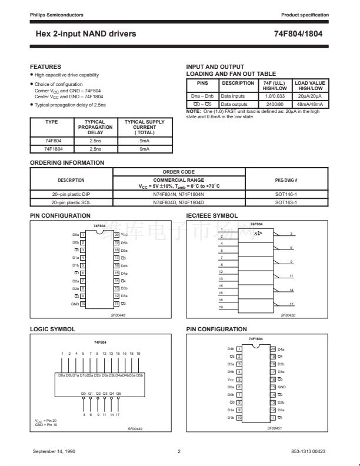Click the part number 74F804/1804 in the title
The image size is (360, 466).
pyautogui.click(x=298, y=34)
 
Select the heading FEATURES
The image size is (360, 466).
pyautogui.click(x=45, y=67)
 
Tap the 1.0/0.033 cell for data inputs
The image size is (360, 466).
pyautogui.click(x=275, y=94)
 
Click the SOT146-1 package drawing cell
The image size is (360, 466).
pyautogui.click(x=286, y=193)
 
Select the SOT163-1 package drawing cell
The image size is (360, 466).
pyautogui.click(x=286, y=202)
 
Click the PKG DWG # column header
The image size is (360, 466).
pyautogui.click(x=286, y=179)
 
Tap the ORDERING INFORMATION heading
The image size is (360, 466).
pyautogui.click(x=67, y=162)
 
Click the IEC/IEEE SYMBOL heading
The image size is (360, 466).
pyautogui.click(x=212, y=217)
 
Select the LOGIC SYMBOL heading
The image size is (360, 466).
pyautogui.click(x=52, y=329)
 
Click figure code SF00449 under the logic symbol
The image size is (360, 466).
pyautogui.click(x=135, y=429)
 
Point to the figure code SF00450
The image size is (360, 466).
pyautogui.click(x=288, y=315)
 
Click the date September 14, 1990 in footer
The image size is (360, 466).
pyautogui.click(x=58, y=451)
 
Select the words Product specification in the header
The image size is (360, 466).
pyautogui.click(x=304, y=14)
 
